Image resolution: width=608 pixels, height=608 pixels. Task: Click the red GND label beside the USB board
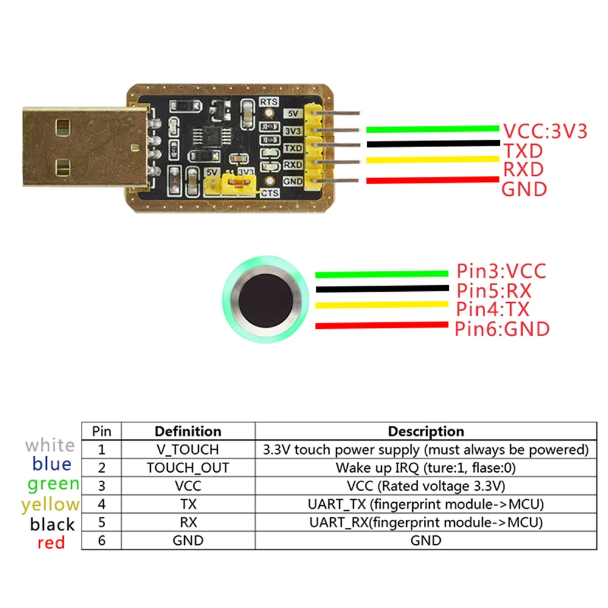tap(523, 189)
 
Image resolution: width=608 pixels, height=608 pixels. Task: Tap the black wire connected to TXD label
tap(432, 144)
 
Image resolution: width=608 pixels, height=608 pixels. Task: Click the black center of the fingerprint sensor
tap(266, 299)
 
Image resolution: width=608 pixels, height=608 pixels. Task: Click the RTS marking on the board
tap(269, 102)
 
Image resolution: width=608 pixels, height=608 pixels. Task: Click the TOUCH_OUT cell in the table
tap(188, 468)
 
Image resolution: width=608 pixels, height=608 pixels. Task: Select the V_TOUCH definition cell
tap(188, 450)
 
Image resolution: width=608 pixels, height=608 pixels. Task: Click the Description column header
tap(426, 432)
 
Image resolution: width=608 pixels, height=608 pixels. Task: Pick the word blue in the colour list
tap(52, 465)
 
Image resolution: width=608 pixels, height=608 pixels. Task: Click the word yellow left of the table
tap(50, 505)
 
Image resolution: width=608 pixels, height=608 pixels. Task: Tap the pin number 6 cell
tap(102, 541)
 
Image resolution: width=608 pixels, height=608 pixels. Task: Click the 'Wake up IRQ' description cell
tap(426, 468)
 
